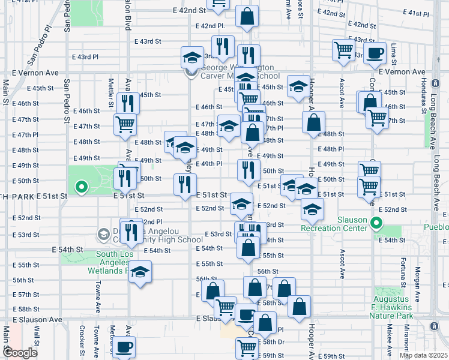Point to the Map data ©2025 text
point(423,355)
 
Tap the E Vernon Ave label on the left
point(36,72)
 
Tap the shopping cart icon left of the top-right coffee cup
point(343,50)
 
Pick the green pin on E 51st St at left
point(82,188)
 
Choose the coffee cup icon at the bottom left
point(125,346)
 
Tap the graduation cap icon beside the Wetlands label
point(140,272)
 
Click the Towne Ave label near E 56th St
point(97,295)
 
